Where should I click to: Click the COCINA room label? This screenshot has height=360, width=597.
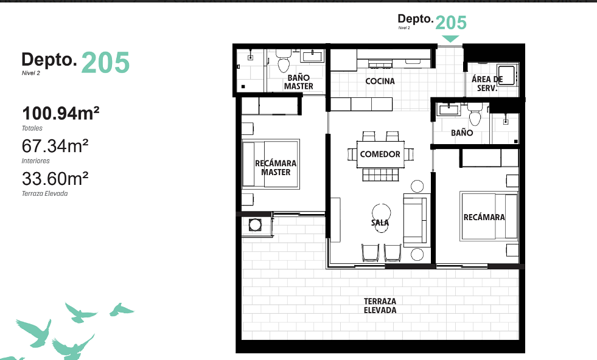(x=380, y=81)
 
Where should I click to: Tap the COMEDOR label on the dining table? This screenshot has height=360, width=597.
(x=380, y=154)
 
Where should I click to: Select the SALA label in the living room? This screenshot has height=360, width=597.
(x=380, y=222)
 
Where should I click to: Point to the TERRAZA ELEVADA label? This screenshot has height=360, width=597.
(x=380, y=306)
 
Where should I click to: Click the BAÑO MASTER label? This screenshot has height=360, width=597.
(x=298, y=82)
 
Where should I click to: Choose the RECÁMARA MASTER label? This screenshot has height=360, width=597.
(x=276, y=168)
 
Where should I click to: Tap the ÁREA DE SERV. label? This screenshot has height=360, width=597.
(x=487, y=84)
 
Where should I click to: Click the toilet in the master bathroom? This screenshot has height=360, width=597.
(x=284, y=61)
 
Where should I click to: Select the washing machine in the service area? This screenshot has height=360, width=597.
(x=506, y=75)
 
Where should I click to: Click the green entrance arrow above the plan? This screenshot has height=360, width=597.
(x=450, y=39)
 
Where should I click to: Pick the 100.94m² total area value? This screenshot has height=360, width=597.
(x=61, y=113)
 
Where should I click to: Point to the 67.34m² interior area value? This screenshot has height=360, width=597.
(x=55, y=146)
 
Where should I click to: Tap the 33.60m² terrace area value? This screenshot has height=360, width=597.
(x=55, y=178)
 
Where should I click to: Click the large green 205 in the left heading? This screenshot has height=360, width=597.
(x=105, y=63)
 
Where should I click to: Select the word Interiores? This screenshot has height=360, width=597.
(x=35, y=161)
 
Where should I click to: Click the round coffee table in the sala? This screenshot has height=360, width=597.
(x=381, y=213)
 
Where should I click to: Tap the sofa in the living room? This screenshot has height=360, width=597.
(x=415, y=219)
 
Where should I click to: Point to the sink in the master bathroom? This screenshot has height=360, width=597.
(x=312, y=57)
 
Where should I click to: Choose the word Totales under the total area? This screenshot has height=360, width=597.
(x=32, y=128)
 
